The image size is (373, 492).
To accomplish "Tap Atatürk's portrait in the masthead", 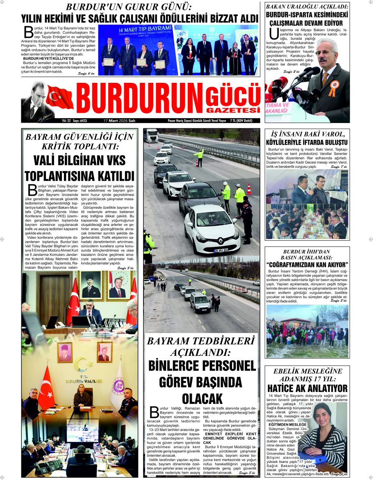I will [36, 100].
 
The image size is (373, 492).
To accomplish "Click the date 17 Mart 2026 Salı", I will [119, 121].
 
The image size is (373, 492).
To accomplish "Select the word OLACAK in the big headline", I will [202, 398].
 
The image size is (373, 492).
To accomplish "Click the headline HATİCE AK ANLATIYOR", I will [307, 388].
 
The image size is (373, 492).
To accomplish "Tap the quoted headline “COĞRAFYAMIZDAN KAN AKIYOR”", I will [307, 264].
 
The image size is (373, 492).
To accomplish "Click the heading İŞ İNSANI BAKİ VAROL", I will [307, 134].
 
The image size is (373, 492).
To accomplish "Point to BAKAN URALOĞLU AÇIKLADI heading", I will [307, 7].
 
